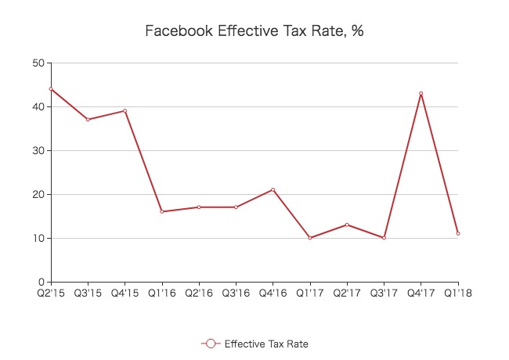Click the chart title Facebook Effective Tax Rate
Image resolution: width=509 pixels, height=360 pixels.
(254, 31)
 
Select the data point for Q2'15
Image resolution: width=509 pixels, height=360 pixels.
(51, 88)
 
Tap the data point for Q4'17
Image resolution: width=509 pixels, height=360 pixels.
(421, 93)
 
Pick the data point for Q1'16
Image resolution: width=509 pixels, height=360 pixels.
(162, 211)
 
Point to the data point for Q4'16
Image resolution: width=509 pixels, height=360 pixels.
(273, 189)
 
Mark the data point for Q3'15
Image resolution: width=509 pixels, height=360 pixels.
(88, 119)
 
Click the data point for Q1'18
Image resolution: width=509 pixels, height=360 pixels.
(458, 233)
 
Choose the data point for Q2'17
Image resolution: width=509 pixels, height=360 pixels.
(347, 225)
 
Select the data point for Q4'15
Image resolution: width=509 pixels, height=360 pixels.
(125, 110)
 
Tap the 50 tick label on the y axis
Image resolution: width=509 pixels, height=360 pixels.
(38, 63)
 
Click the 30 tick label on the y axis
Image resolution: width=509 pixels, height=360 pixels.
(38, 150)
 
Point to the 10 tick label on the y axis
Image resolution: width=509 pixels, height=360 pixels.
(38, 238)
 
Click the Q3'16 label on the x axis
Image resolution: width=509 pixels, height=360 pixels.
(236, 294)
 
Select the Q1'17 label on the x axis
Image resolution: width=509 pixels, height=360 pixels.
(310, 294)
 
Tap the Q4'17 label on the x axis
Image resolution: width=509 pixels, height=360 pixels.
(421, 294)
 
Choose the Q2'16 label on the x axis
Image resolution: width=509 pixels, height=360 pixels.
(199, 294)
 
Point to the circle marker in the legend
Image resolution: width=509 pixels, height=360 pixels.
(209, 344)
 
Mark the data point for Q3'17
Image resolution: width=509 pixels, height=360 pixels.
(384, 237)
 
